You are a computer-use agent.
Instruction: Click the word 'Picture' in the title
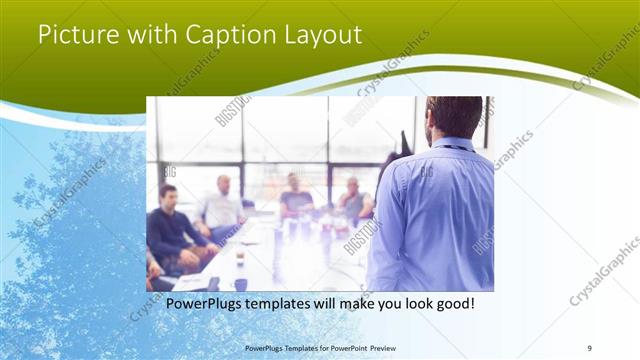click(x=75, y=34)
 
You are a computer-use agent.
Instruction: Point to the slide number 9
click(x=590, y=347)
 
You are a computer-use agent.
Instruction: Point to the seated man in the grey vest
click(x=353, y=201)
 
